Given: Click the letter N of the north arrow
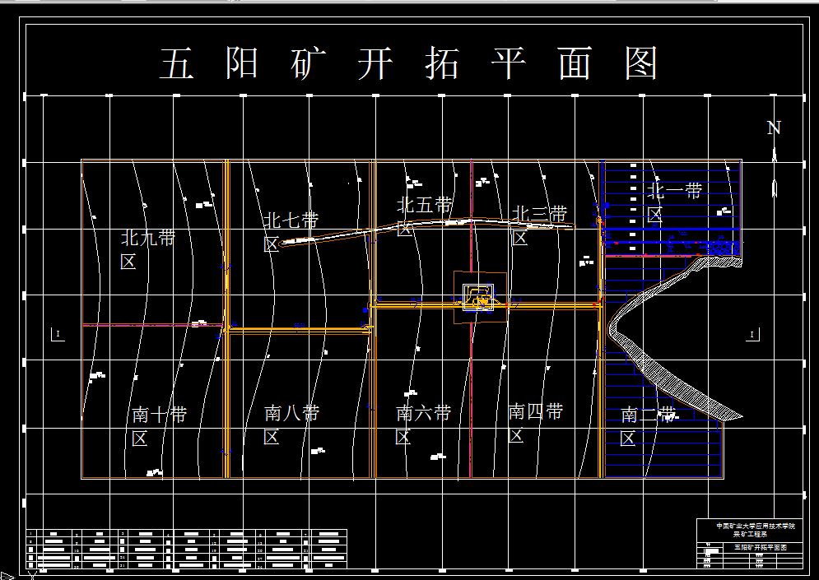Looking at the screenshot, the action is click(x=774, y=128).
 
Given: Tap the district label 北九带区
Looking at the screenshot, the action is click(x=147, y=249).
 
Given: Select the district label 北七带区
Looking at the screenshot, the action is click(x=291, y=232).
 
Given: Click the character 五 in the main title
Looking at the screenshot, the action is click(x=176, y=63).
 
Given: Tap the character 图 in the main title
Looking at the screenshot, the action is click(x=641, y=63).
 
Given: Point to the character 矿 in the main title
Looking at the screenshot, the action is click(x=309, y=63).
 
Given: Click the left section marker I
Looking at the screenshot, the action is click(x=58, y=334).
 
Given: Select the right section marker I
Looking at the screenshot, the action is click(x=752, y=334).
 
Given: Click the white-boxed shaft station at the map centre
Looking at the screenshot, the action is click(x=478, y=296).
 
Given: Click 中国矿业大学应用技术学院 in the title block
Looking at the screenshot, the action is click(x=756, y=526).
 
